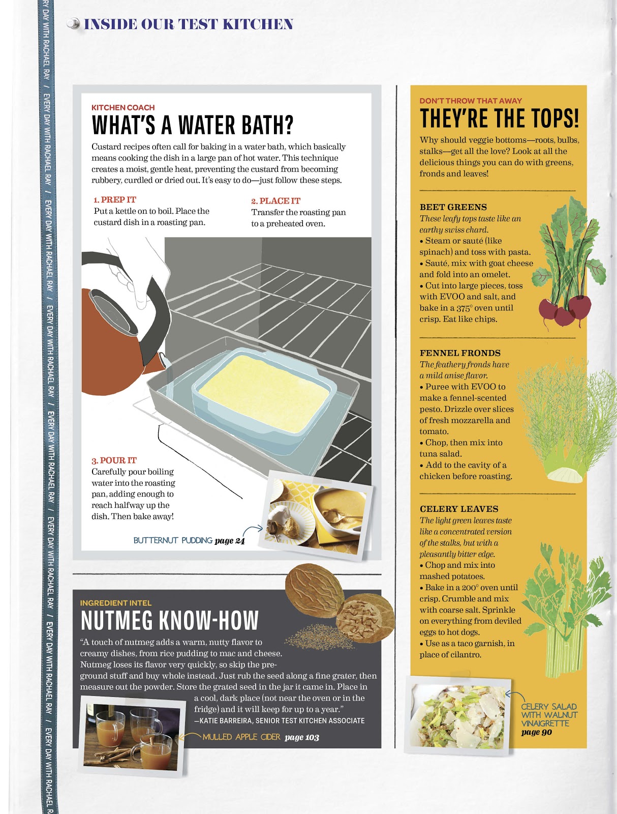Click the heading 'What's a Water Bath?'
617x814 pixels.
[192, 125]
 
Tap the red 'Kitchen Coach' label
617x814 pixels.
[123, 107]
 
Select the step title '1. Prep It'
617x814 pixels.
[115, 200]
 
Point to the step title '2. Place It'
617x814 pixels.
[275, 201]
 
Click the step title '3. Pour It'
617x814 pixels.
[114, 460]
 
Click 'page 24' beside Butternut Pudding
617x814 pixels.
[230, 541]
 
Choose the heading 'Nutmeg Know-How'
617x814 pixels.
[169, 620]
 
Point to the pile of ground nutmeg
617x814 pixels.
[319, 636]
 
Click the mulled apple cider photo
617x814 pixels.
[132, 736]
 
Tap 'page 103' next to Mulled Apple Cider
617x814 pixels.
[302, 737]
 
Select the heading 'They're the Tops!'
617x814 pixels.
[499, 118]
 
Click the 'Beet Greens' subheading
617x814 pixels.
[453, 207]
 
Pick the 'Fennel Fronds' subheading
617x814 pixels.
[460, 353]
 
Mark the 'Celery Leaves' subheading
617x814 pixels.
[459, 509]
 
